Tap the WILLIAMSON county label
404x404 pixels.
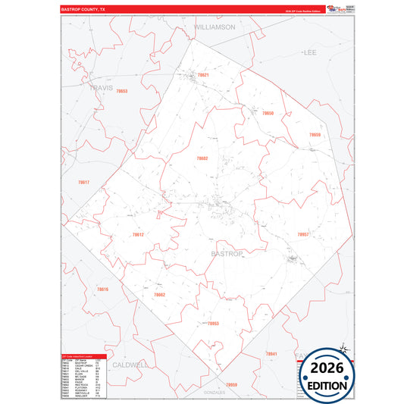pyautogui.click(x=215, y=27)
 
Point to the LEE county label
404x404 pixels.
pyautogui.click(x=309, y=53)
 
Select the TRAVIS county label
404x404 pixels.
pyautogui.click(x=101, y=88)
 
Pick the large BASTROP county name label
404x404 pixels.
pyautogui.click(x=226, y=253)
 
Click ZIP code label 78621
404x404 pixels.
pyautogui.click(x=203, y=75)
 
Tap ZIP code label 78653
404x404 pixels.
pyautogui.click(x=121, y=92)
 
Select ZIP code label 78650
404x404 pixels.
pyautogui.click(x=268, y=113)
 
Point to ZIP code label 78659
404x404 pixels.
pyautogui.click(x=315, y=135)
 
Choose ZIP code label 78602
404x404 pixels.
pyautogui.click(x=202, y=158)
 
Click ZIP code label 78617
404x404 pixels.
pyautogui.click(x=83, y=182)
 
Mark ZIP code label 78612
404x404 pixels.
pyautogui.click(x=138, y=235)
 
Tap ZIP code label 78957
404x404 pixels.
pyautogui.click(x=304, y=235)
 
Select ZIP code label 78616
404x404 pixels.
pyautogui.click(x=103, y=290)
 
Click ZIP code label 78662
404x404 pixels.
pyautogui.click(x=159, y=294)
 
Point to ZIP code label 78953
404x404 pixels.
pyautogui.click(x=213, y=323)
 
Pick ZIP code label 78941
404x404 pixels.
pyautogui.click(x=271, y=354)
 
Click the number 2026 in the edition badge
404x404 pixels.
pyautogui.click(x=327, y=368)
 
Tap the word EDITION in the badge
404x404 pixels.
pyautogui.click(x=327, y=384)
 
